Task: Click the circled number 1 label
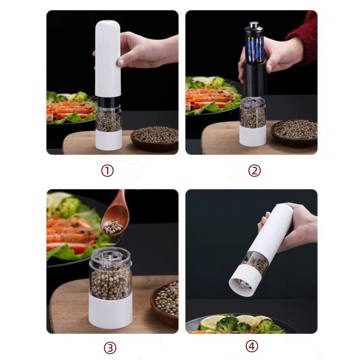(x=107, y=171)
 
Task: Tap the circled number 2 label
(x=254, y=171)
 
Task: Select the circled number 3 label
(x=110, y=348)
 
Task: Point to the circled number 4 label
(x=252, y=346)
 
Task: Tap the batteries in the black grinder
(x=255, y=49)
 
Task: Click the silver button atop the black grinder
(x=253, y=24)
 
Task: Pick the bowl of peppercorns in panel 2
(x=295, y=132)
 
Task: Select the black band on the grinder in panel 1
(x=108, y=101)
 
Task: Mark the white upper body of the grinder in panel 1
(x=108, y=59)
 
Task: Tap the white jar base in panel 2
(x=252, y=135)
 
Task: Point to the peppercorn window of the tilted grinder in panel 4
(x=256, y=262)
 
